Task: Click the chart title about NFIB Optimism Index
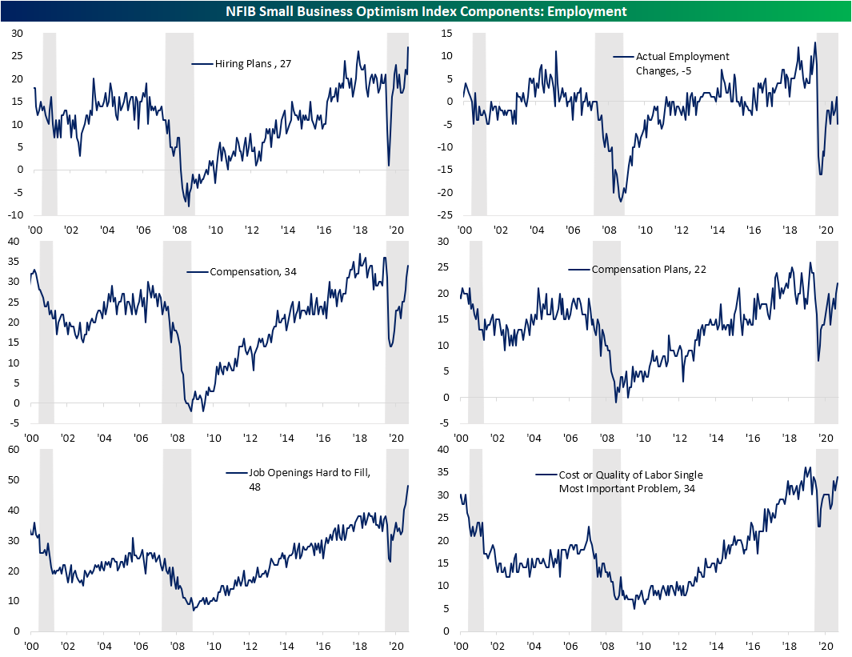tap(426, 11)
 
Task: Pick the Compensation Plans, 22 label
tap(649, 270)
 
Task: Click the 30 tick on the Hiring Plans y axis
tap(16, 33)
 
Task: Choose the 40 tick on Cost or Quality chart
tap(445, 450)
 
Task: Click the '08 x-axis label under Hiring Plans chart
tap(179, 230)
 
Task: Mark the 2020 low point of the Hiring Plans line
tap(389, 166)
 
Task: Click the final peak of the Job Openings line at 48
tap(408, 486)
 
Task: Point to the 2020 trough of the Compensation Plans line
tap(818, 360)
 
